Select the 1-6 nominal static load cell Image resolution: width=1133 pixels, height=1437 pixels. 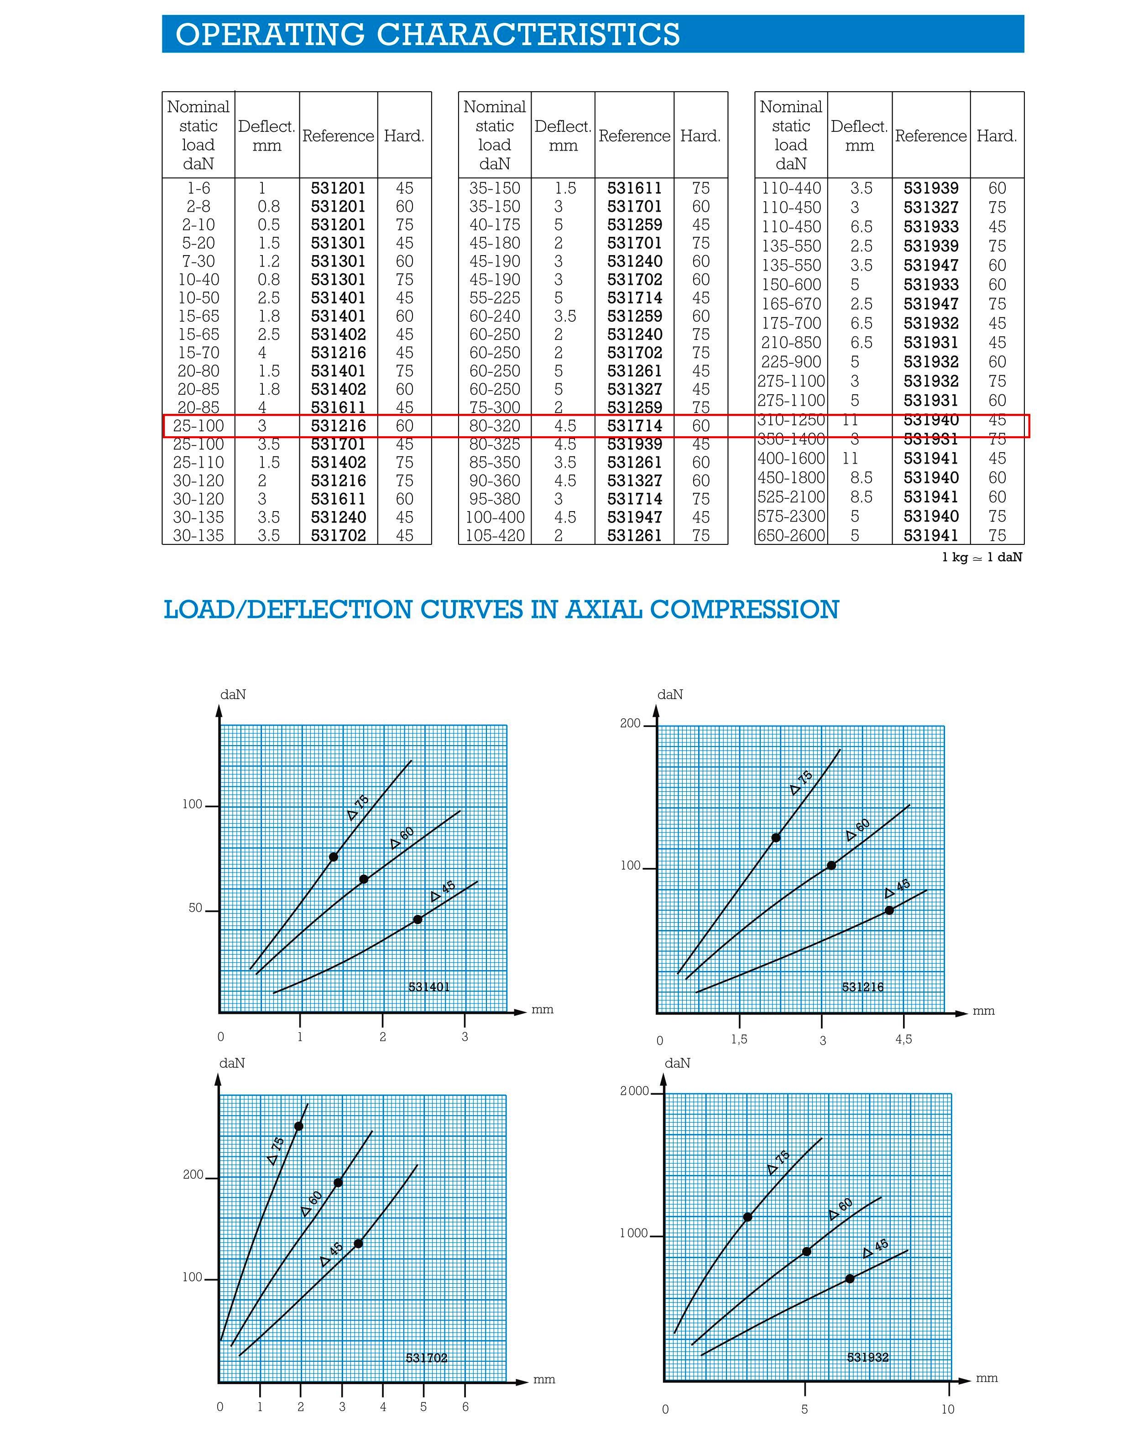pyautogui.click(x=198, y=188)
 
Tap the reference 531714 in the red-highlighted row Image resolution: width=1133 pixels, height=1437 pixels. pyautogui.click(x=634, y=426)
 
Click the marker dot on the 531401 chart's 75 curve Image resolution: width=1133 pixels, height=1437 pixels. pyautogui.click(x=334, y=857)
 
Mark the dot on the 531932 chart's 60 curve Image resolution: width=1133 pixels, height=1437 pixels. pyautogui.click(x=807, y=1251)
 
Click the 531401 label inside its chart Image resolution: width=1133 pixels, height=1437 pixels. pyautogui.click(x=428, y=987)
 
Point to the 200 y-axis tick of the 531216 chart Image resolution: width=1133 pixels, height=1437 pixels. pyautogui.click(x=630, y=723)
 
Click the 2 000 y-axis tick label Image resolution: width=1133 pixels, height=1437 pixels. pyautogui.click(x=634, y=1092)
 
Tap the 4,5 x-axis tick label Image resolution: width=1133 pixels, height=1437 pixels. pyautogui.click(x=903, y=1039)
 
